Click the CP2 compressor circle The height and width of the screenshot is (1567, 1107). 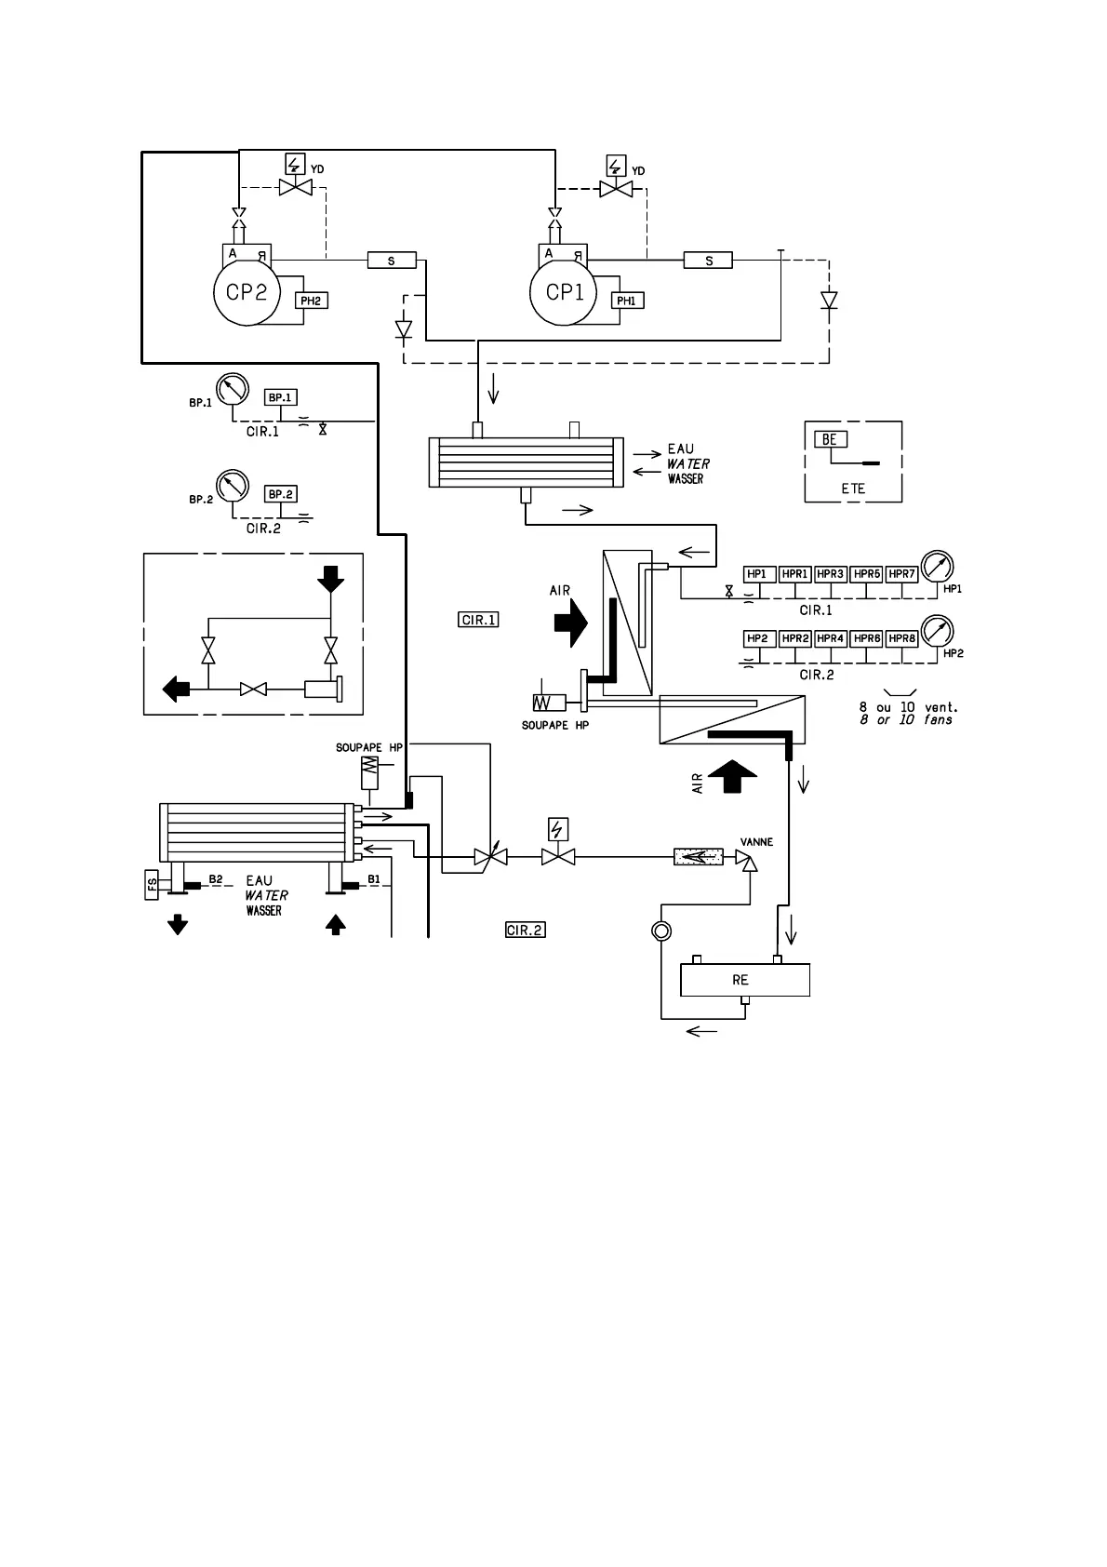(x=247, y=292)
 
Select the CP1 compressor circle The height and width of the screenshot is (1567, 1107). (x=564, y=292)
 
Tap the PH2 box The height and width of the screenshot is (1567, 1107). (x=312, y=301)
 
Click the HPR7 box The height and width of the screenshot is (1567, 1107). (x=901, y=574)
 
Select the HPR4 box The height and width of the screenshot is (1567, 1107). (x=830, y=638)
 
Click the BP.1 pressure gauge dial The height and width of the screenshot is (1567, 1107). (x=233, y=388)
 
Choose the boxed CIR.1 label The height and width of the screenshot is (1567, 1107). (x=479, y=619)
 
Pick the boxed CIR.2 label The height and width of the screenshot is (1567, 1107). (x=525, y=930)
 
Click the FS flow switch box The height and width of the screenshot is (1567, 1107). (x=153, y=885)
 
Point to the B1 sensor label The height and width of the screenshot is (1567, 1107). (x=374, y=878)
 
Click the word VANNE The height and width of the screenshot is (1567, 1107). (x=756, y=842)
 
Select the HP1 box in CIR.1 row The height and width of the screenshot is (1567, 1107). (x=758, y=574)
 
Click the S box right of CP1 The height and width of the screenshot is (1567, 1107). (x=708, y=261)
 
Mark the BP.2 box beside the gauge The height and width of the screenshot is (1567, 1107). (x=281, y=494)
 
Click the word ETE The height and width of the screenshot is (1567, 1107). (x=852, y=488)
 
